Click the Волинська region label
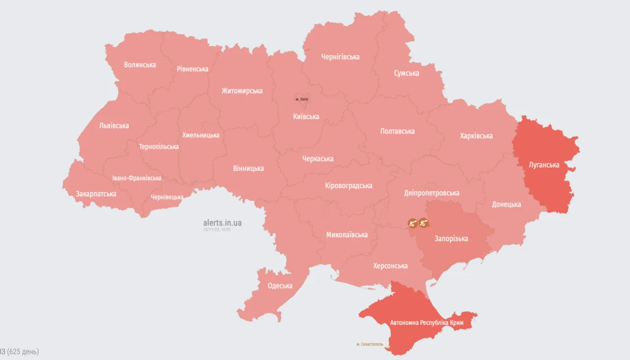[140, 65]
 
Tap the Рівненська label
[192, 69]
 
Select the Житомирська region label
[242, 91]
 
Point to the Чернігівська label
[340, 57]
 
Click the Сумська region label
[407, 73]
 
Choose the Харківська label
[476, 135]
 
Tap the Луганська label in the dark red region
[544, 164]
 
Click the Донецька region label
[506, 204]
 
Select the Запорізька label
[451, 238]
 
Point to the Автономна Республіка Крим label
[426, 323]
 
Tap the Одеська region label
[280, 286]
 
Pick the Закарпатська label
[96, 194]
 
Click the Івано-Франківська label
[136, 178]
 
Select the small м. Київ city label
[302, 99]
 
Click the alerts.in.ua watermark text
[222, 223]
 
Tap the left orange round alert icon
[413, 223]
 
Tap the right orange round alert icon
[423, 223]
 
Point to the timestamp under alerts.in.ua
[217, 229]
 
